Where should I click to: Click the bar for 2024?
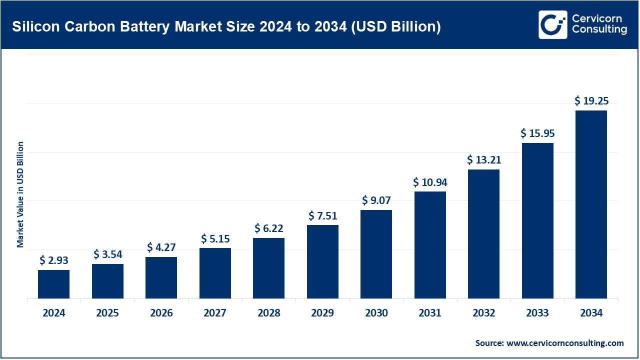tap(53, 284)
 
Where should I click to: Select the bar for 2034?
tap(591, 204)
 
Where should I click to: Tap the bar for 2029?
tap(322, 261)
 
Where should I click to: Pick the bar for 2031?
tap(430, 245)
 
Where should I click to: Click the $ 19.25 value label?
tap(591, 101)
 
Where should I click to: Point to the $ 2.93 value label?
tap(53, 260)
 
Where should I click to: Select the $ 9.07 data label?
tap(376, 200)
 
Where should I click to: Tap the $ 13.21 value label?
tap(483, 160)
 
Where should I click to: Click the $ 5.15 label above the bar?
tap(215, 238)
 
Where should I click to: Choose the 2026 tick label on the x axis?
tap(161, 313)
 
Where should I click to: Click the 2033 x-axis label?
tap(537, 313)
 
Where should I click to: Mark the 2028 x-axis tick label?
tap(268, 313)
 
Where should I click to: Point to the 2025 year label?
tap(107, 313)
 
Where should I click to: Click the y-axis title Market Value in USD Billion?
tap(20, 194)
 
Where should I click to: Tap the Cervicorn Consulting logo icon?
tap(552, 24)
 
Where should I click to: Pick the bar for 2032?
tap(483, 234)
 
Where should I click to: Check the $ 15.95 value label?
tap(537, 133)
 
